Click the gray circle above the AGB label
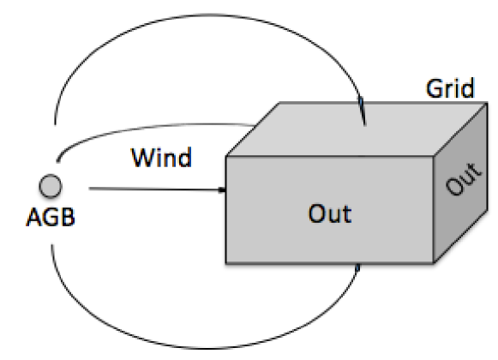tap(51, 185)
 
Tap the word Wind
tap(160, 159)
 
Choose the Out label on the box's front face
tap(331, 212)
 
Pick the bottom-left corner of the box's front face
tap(225, 264)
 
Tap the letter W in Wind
tap(139, 159)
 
